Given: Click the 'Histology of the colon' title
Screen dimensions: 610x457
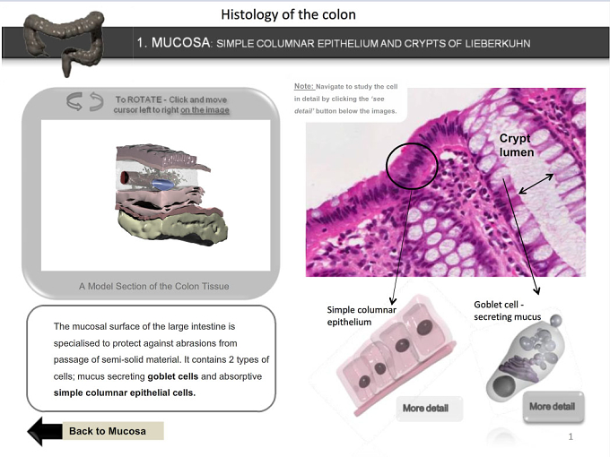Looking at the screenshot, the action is pyautogui.click(x=288, y=14).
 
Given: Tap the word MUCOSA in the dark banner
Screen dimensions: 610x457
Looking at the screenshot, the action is pyautogui.click(x=181, y=42).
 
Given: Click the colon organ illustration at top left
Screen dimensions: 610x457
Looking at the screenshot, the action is pyautogui.click(x=65, y=42).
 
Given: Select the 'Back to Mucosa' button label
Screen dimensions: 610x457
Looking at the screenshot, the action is pyautogui.click(x=108, y=431).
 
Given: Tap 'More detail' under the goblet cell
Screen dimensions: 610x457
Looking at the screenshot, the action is pyautogui.click(x=553, y=407).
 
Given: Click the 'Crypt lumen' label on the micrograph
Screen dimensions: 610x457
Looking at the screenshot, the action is pyautogui.click(x=516, y=145).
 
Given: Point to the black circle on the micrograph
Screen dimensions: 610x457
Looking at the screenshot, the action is pyautogui.click(x=387, y=167).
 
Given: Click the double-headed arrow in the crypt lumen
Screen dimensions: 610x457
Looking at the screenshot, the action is pyautogui.click(x=536, y=184).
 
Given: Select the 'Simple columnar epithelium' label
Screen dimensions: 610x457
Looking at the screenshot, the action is pyautogui.click(x=362, y=315).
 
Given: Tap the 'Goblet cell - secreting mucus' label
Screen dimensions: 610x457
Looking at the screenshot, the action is pyautogui.click(x=508, y=311).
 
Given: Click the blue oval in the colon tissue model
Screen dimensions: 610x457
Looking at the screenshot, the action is pyautogui.click(x=162, y=184).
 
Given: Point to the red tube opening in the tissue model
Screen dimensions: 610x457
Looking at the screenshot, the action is pyautogui.click(x=125, y=177).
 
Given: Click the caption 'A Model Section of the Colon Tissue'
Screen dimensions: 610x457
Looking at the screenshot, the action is pyautogui.click(x=153, y=287).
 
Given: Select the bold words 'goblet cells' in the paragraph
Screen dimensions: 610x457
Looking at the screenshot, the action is pyautogui.click(x=173, y=376).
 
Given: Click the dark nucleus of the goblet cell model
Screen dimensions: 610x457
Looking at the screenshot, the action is pyautogui.click(x=504, y=385).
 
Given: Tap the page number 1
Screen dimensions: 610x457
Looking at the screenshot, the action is pyautogui.click(x=571, y=436).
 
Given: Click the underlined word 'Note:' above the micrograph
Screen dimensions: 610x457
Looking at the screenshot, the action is pyautogui.click(x=303, y=86).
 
